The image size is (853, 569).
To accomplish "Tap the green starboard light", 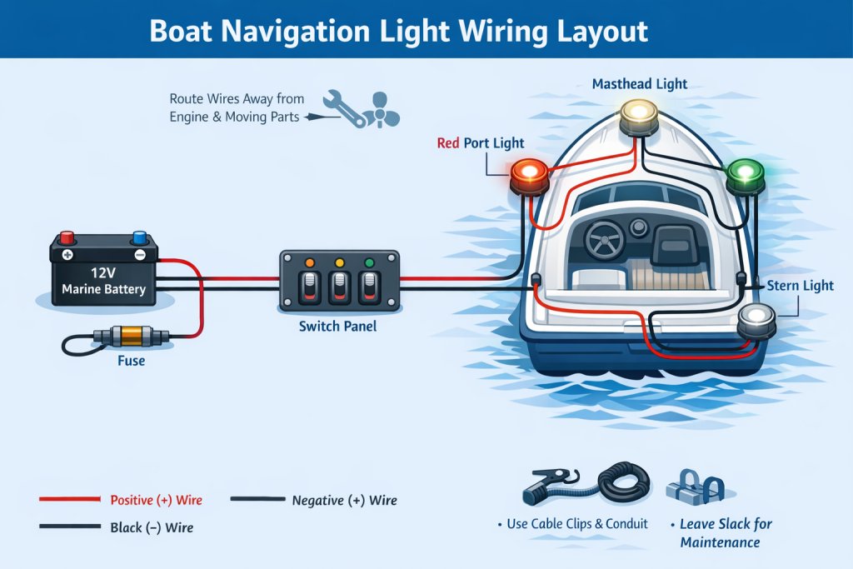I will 745,173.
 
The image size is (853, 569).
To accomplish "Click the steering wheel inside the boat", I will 606,239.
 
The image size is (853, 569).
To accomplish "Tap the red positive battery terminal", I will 67,240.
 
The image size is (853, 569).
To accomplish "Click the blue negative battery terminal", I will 139,240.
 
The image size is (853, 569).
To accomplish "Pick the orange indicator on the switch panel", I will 309,263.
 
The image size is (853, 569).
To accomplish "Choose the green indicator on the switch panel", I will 368,263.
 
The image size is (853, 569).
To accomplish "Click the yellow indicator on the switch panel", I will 339,263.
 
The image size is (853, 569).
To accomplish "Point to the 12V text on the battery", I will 104,272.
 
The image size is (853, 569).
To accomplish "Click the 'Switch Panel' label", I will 337,326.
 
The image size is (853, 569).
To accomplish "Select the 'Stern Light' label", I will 801,286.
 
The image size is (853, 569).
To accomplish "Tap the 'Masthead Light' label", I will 639,83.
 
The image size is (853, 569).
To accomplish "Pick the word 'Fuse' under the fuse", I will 131,361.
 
